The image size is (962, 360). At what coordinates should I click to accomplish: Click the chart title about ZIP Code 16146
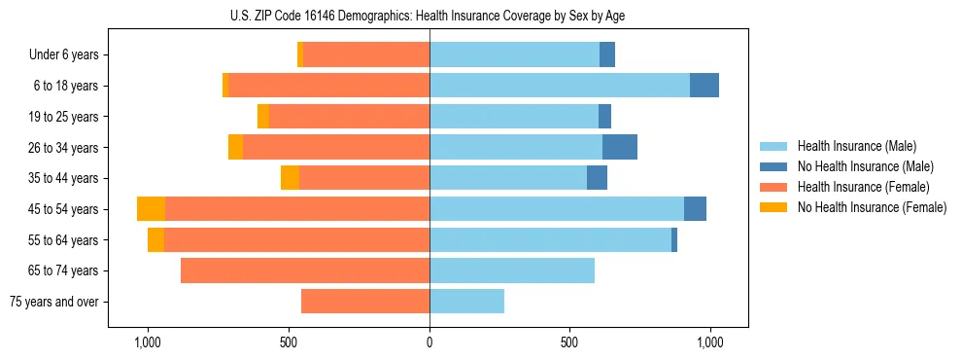[x=428, y=16]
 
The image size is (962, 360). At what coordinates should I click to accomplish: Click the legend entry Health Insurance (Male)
[x=856, y=146]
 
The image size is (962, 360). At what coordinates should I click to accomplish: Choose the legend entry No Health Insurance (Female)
[x=872, y=207]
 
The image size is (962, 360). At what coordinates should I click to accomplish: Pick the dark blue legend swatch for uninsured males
[x=773, y=166]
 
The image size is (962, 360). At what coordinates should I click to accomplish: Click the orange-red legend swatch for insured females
[x=773, y=187]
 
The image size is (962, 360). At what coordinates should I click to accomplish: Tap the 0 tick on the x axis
[x=429, y=343]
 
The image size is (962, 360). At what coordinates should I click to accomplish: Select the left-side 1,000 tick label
[x=148, y=343]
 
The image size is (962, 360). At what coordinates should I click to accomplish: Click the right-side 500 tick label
[x=569, y=343]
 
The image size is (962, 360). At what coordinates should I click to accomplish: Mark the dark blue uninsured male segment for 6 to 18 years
[x=704, y=86]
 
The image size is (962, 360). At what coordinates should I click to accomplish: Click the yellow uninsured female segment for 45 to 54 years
[x=151, y=209]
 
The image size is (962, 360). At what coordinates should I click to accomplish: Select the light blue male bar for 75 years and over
[x=466, y=302]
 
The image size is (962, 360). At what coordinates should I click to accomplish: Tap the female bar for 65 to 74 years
[x=305, y=270]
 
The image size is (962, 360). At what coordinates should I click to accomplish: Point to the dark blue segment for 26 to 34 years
[x=620, y=147]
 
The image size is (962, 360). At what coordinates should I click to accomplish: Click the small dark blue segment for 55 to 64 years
[x=674, y=240]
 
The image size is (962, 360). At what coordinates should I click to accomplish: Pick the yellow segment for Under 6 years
[x=300, y=54]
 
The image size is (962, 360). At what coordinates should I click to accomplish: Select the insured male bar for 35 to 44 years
[x=508, y=178]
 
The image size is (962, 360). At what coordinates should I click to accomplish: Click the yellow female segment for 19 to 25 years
[x=263, y=117]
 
